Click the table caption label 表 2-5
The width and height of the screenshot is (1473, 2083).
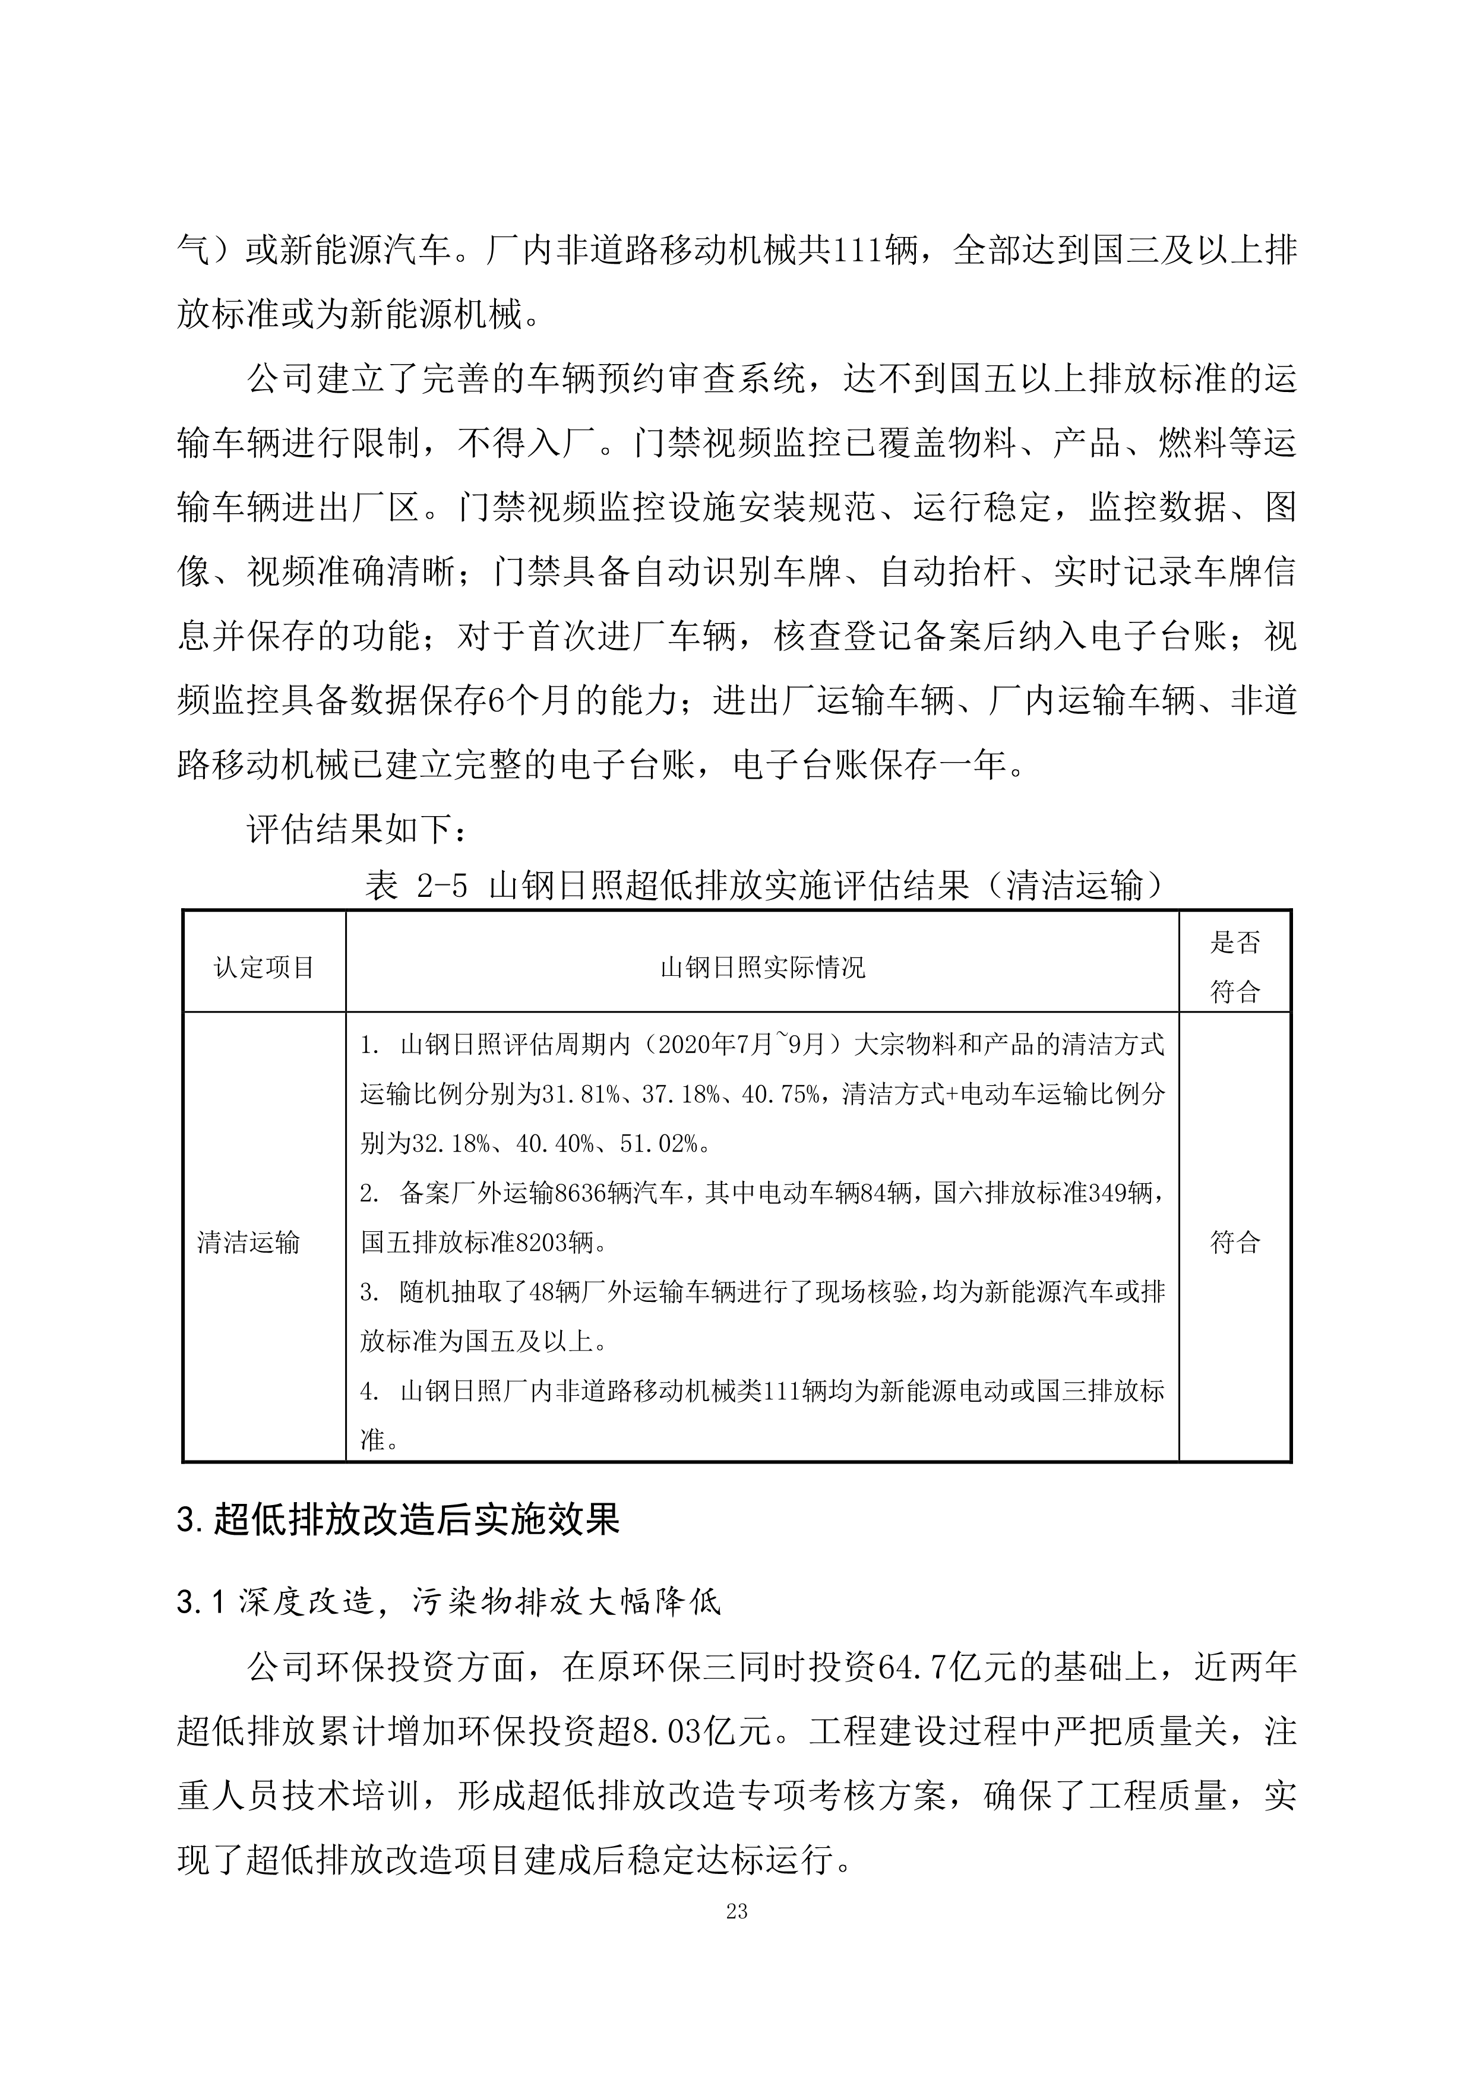point(416,886)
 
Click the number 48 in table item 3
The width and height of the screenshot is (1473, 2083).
point(540,1292)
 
